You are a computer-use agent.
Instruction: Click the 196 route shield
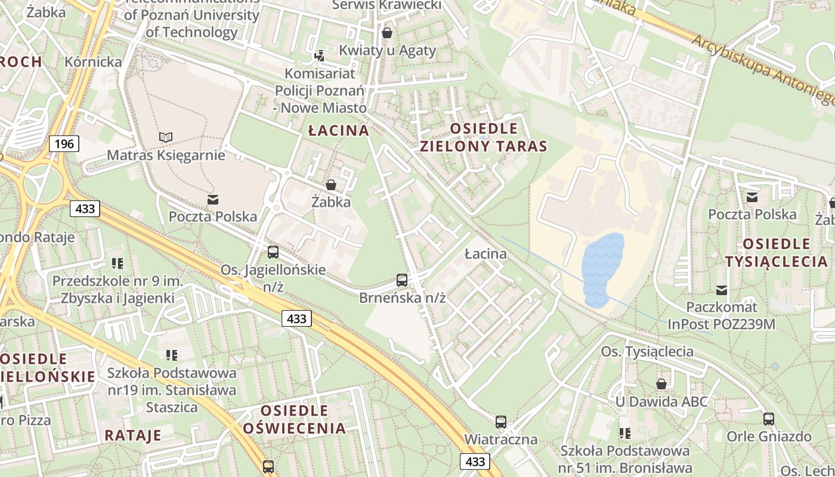(64, 144)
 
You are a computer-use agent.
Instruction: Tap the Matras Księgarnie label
(166, 156)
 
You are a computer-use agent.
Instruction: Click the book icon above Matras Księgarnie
(166, 138)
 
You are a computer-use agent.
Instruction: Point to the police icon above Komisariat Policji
(320, 56)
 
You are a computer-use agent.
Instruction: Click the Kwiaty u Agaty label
(387, 51)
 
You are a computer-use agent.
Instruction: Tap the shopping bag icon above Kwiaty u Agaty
(387, 33)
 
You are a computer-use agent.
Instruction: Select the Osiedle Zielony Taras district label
(484, 137)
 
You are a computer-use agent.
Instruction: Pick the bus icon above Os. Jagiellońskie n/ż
(273, 252)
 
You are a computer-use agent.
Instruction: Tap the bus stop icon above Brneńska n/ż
(402, 280)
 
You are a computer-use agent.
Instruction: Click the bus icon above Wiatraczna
(501, 422)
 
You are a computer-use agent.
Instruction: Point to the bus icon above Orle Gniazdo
(769, 419)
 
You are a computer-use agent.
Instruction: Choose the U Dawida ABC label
(661, 401)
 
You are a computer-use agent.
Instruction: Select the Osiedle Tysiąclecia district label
(777, 252)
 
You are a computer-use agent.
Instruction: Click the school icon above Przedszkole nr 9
(117, 263)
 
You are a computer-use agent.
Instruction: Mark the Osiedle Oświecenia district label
(295, 419)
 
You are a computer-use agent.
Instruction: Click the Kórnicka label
(93, 61)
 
